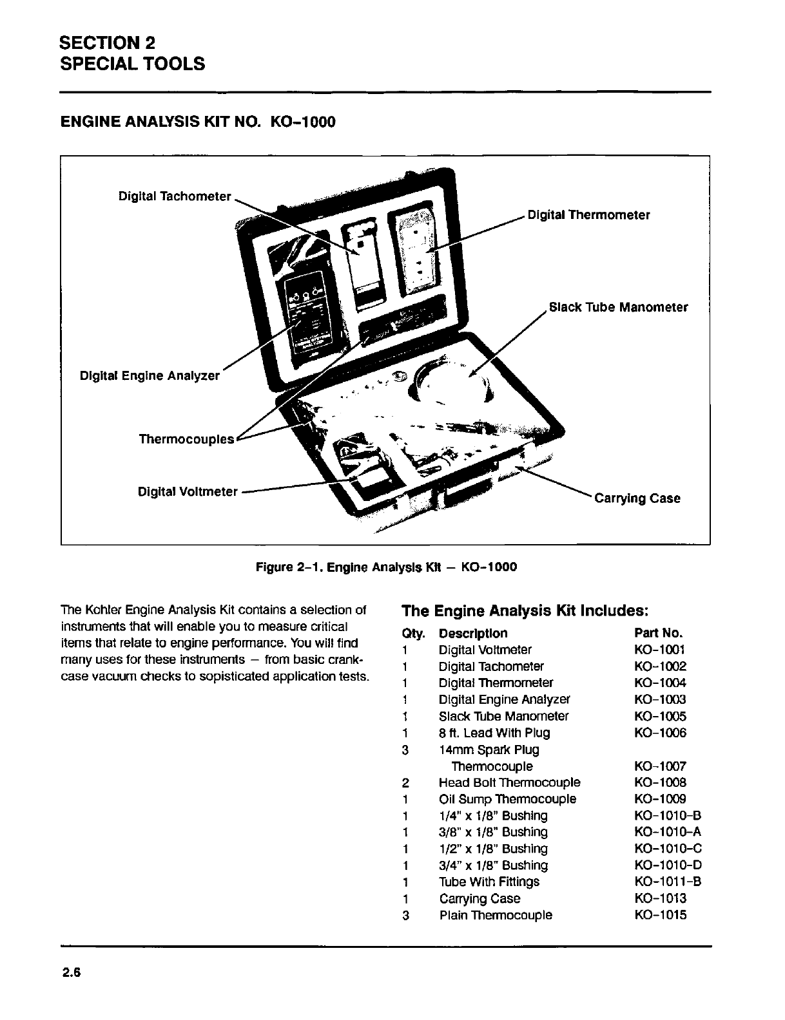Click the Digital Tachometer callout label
point(175,196)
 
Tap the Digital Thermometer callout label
point(588,215)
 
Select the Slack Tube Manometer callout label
point(618,307)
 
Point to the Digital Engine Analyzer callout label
point(150,375)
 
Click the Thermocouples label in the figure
point(186,439)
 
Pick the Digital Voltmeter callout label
point(188,492)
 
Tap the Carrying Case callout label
point(637,498)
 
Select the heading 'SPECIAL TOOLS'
point(132,64)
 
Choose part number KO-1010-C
point(668,849)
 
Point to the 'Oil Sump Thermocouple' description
point(507,799)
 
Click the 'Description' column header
point(472,633)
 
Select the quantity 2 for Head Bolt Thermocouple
point(405,782)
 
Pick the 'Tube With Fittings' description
point(489,882)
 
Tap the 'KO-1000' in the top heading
point(300,121)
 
